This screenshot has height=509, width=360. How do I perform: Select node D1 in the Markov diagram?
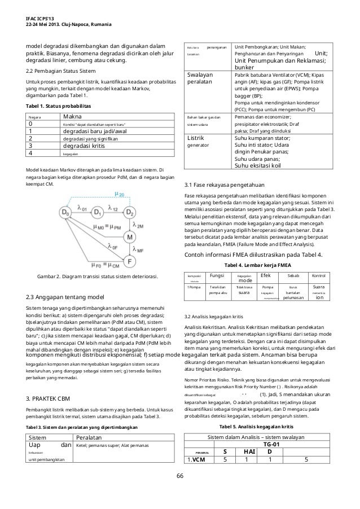click(98, 212)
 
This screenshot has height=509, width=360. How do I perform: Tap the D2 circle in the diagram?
click(130, 212)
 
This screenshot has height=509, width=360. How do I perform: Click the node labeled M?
click(130, 238)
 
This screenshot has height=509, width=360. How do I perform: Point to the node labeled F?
click(130, 262)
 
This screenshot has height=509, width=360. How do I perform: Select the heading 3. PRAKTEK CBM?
click(49, 399)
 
